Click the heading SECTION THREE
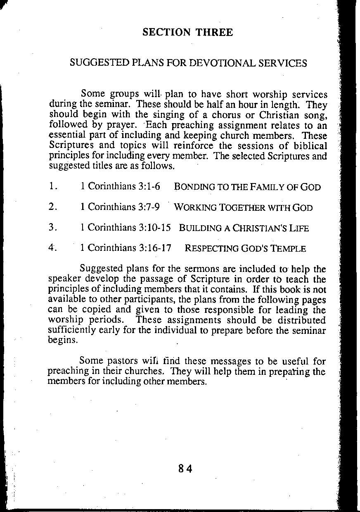pyautogui.click(x=187, y=33)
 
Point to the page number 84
pyautogui.click(x=186, y=469)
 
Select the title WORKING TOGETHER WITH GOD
pyautogui.click(x=243, y=207)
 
